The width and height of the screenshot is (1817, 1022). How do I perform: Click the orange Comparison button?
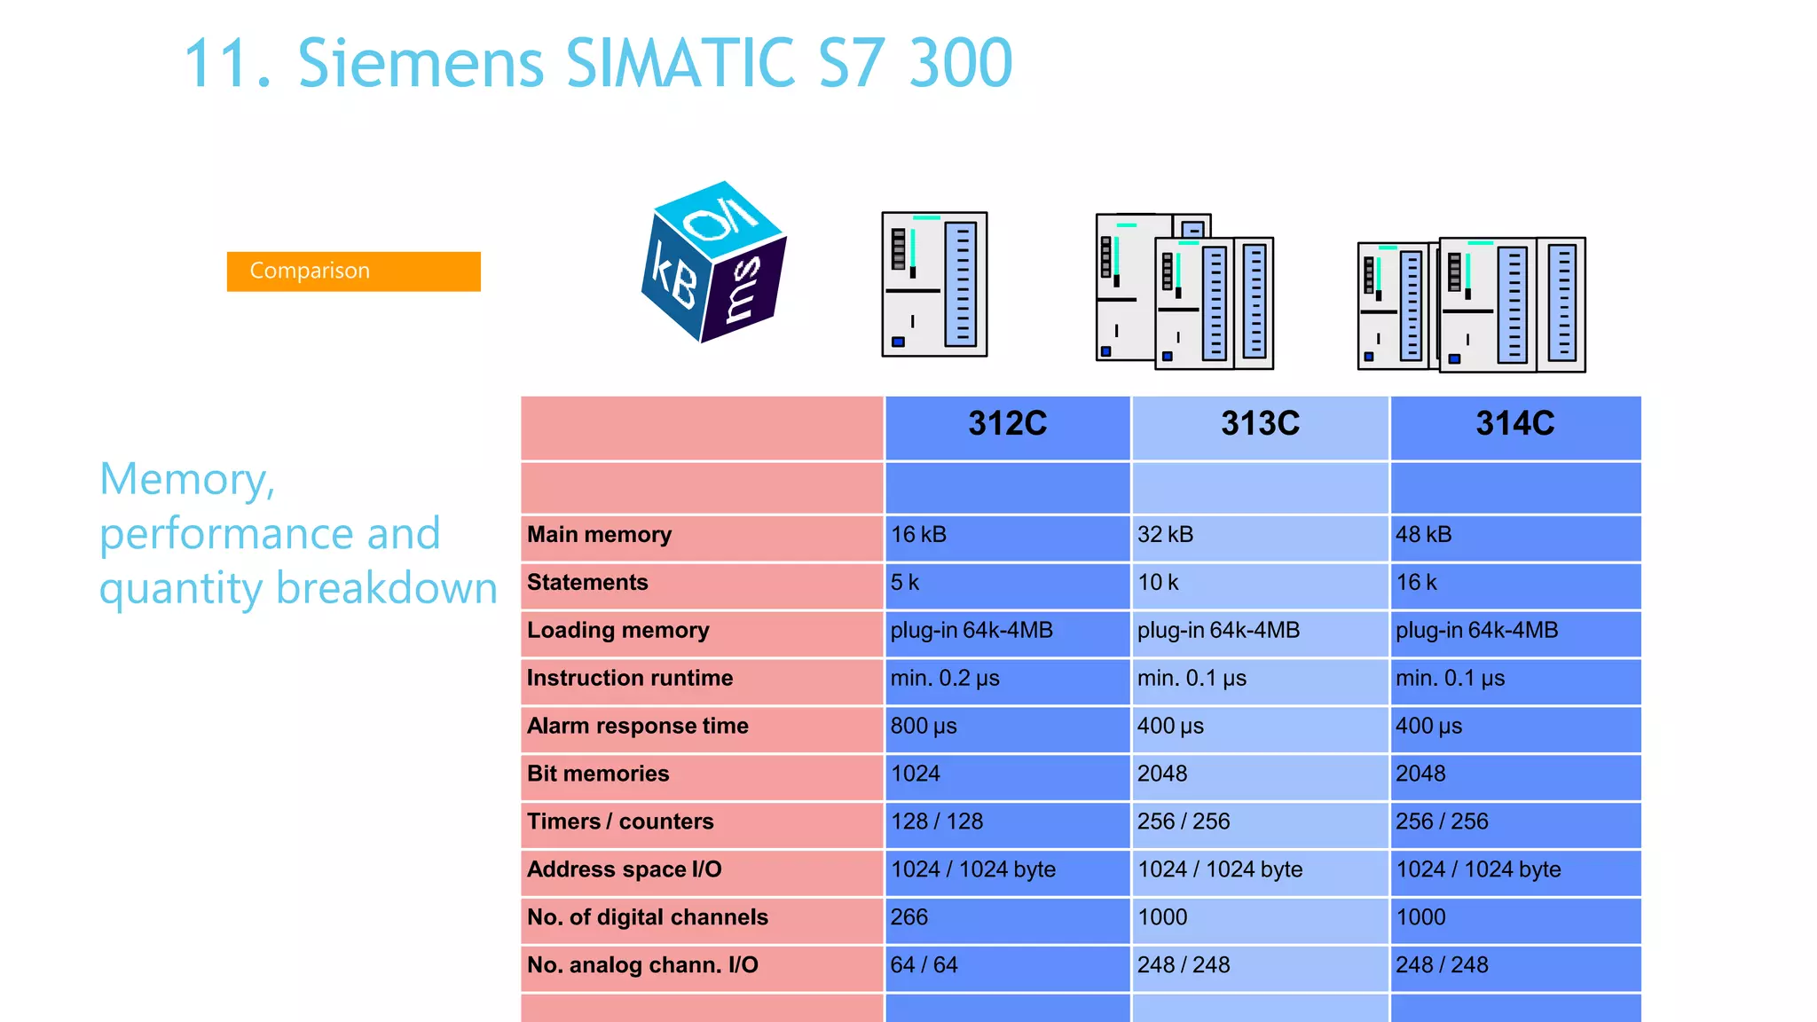point(353,271)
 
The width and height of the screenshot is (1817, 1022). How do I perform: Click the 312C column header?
point(1007,424)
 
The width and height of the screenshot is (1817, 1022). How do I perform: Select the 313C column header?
point(1260,424)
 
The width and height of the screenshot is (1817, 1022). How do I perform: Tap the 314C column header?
point(1514,424)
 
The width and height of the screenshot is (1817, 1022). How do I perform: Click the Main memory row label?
point(600,535)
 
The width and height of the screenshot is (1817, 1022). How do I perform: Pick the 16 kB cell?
point(919,535)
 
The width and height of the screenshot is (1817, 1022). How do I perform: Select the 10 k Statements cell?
point(1159,583)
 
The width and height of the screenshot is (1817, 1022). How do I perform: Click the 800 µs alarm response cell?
point(924,727)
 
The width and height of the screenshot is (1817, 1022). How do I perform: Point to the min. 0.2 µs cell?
point(945,679)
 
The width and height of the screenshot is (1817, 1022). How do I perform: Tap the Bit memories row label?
point(598,774)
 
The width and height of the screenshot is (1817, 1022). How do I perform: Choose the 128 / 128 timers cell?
point(937,822)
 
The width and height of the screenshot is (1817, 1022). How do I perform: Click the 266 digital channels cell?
point(909,917)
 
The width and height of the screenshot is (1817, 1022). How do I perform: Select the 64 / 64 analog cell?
point(924,965)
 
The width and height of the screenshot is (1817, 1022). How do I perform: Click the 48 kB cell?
point(1424,535)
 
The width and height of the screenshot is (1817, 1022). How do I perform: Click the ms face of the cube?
point(743,290)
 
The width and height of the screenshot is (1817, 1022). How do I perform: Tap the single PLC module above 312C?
point(934,284)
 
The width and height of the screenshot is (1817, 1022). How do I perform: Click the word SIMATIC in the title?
point(681,64)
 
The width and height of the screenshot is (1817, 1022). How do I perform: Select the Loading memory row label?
point(618,631)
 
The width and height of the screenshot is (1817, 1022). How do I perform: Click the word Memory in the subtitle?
point(187,480)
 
